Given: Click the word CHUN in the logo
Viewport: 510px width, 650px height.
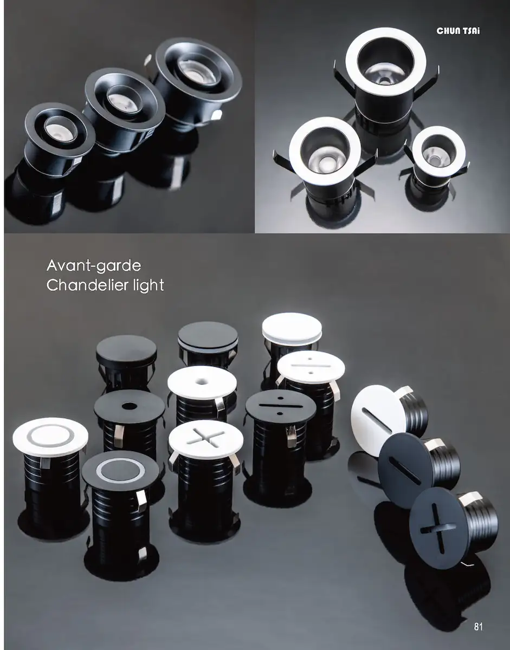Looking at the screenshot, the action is (x=447, y=31).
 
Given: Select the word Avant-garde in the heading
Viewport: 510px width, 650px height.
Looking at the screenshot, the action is (x=94, y=266).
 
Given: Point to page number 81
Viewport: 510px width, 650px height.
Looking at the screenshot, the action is (x=478, y=625).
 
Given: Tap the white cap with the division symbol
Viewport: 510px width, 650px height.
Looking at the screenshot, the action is (x=311, y=368).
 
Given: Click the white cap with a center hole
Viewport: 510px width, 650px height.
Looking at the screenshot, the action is (x=202, y=383).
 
